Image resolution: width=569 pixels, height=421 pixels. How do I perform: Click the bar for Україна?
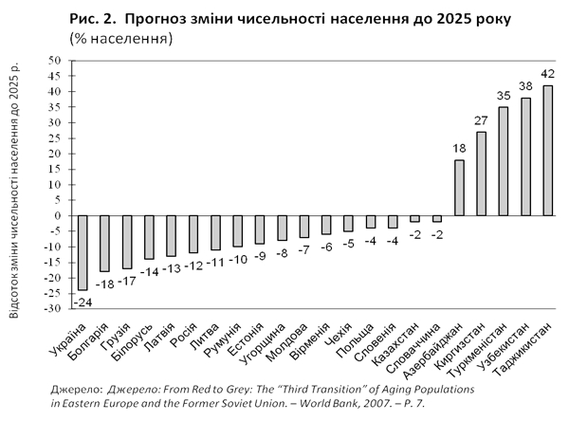click(x=83, y=252)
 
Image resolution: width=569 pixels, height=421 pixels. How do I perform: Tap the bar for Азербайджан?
click(x=459, y=188)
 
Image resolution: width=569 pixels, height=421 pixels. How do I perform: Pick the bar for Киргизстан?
click(x=481, y=174)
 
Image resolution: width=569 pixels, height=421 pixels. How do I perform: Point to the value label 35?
click(x=503, y=96)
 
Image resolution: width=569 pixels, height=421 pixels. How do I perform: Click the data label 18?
click(x=459, y=149)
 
